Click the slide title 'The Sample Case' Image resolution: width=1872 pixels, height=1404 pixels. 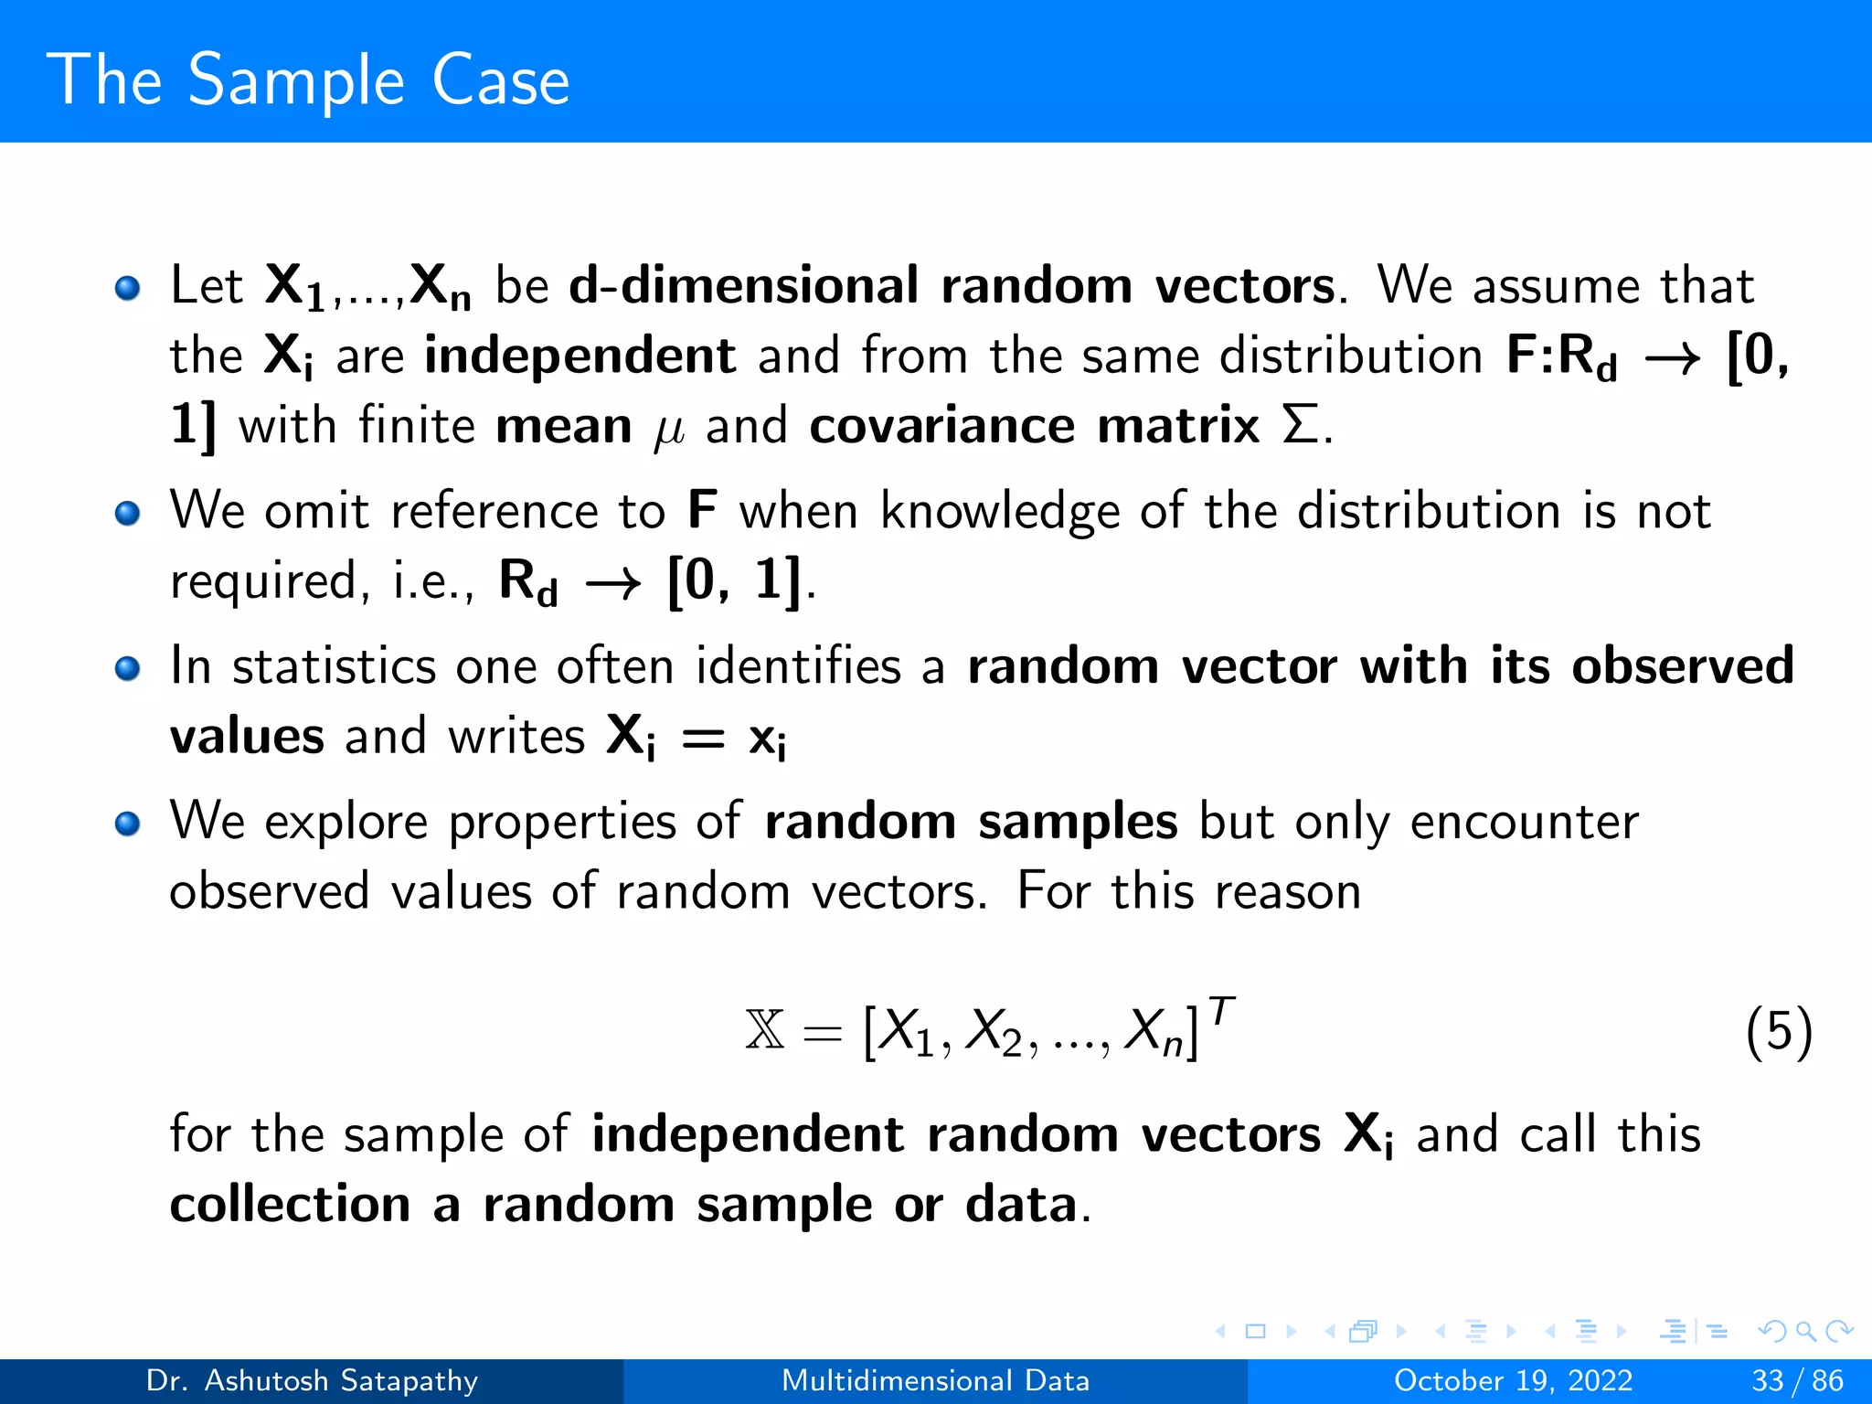coord(308,80)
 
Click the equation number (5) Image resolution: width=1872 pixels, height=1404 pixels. coord(1778,1033)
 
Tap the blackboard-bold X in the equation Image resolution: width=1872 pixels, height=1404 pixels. coord(765,1031)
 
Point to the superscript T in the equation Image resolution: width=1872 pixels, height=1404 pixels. coord(1221,1012)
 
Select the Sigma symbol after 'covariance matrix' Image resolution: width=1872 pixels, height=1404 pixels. coord(1300,426)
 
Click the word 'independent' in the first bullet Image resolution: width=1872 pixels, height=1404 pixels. coord(580,355)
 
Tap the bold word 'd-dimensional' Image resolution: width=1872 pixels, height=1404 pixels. coord(743,285)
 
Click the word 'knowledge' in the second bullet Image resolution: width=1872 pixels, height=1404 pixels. coord(1000,512)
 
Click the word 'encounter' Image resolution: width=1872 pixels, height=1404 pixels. coord(1524,822)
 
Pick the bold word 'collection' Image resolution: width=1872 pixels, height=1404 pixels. coord(290,1204)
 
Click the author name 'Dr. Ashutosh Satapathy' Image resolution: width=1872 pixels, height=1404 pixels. coord(312,1380)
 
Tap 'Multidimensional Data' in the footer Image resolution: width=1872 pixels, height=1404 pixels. coord(935,1380)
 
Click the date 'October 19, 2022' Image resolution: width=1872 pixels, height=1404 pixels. coord(1513,1380)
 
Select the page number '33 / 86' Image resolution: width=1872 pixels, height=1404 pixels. coord(1797,1380)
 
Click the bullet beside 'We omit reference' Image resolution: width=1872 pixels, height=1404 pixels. coord(128,513)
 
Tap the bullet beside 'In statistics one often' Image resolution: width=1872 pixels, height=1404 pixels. coord(128,668)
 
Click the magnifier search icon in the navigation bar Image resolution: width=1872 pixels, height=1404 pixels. coord(1804,1331)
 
